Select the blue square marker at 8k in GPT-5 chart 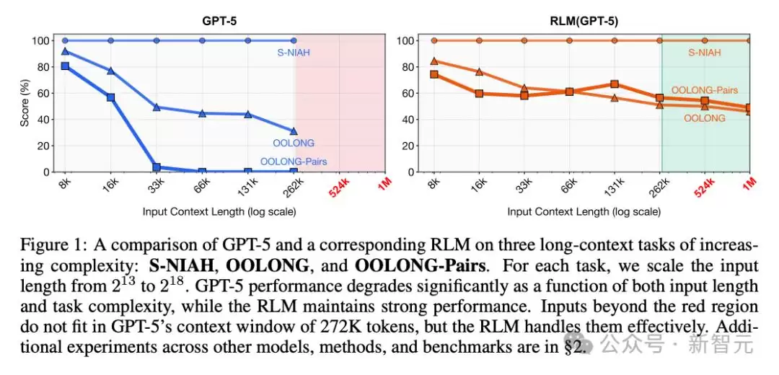tap(65, 66)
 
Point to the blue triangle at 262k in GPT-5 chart tap(293, 131)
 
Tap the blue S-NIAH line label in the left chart tap(293, 52)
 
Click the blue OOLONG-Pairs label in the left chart tap(293, 161)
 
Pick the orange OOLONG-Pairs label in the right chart tap(705, 90)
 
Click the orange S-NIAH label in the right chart tap(705, 52)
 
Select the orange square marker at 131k tap(615, 84)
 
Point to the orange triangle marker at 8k tap(433, 61)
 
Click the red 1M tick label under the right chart tap(748, 184)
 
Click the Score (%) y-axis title tap(25, 105)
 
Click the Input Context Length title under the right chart tap(584, 211)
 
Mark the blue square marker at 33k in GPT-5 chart tap(157, 167)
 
